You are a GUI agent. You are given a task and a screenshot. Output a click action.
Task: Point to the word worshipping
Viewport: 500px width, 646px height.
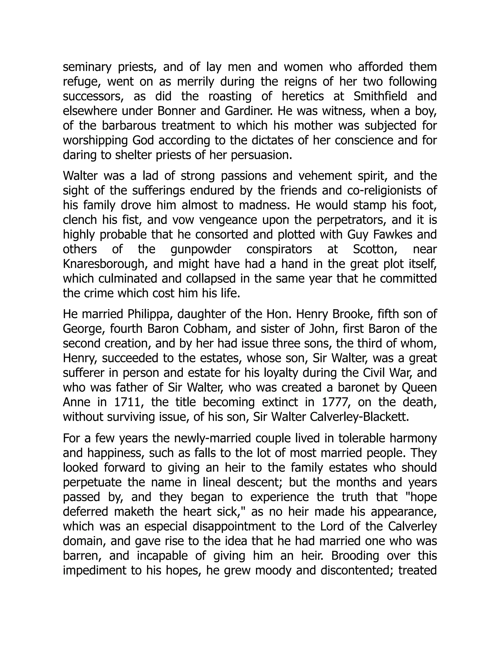coord(94,140)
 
